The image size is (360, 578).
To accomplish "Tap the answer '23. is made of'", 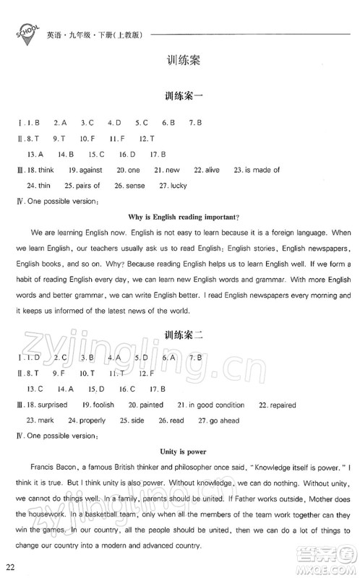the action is click(256, 170).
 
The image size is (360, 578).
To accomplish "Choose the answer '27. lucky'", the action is click(171, 185).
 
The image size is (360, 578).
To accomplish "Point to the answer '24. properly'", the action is click(86, 420).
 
